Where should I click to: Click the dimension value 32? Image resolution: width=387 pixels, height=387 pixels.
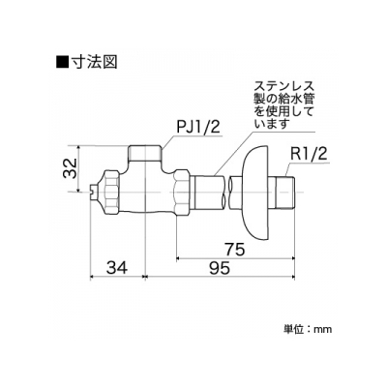click(71, 168)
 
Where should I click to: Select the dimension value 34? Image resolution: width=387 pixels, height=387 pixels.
click(117, 268)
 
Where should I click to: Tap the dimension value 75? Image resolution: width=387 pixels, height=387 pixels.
click(234, 250)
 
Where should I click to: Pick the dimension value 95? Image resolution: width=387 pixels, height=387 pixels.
click(219, 268)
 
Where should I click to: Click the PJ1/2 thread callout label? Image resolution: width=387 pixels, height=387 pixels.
click(198, 129)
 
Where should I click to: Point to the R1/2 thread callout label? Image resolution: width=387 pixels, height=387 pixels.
click(309, 154)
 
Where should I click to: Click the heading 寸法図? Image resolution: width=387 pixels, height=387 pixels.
click(94, 62)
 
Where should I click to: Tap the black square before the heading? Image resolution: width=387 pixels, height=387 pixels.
click(62, 62)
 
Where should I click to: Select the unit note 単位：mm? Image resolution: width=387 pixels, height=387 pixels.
click(308, 329)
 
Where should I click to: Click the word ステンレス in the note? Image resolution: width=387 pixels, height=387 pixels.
click(283, 86)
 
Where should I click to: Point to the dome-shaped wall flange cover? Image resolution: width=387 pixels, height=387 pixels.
click(255, 193)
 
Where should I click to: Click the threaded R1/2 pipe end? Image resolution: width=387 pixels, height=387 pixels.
click(284, 193)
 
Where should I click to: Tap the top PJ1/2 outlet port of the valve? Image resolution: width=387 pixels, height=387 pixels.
click(145, 154)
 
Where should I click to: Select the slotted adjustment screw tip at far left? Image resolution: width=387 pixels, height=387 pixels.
click(93, 193)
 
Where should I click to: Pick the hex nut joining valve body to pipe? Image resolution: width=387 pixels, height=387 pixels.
click(181, 193)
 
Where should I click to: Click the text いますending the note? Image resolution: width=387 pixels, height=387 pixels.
click(271, 124)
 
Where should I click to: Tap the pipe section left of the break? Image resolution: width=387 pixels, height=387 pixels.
click(209, 193)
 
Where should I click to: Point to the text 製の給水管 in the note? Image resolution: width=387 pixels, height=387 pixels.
click(283, 99)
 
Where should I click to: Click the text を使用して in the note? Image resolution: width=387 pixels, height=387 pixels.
click(283, 111)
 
